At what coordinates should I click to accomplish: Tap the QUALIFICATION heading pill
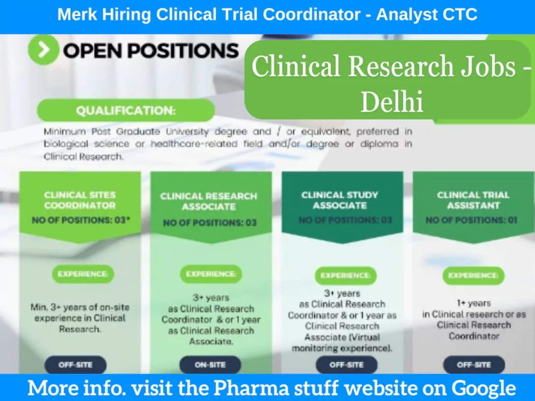coord(125,111)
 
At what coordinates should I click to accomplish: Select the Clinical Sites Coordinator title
coord(80,200)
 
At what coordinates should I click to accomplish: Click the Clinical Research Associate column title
coord(209,202)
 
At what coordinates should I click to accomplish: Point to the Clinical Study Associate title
coord(340,200)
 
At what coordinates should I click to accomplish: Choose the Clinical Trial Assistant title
coord(473,200)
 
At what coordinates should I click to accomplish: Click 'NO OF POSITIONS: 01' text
coord(471,220)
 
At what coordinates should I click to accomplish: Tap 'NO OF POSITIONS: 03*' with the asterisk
coord(80,220)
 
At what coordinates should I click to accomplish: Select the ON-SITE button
coord(210,365)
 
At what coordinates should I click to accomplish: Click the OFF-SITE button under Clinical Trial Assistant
coord(474,365)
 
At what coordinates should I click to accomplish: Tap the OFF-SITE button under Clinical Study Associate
coord(346,365)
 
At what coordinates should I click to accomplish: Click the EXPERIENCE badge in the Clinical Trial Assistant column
coord(473,275)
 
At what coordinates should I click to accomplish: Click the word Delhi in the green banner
coord(391,102)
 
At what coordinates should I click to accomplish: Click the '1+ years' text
coord(472,303)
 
